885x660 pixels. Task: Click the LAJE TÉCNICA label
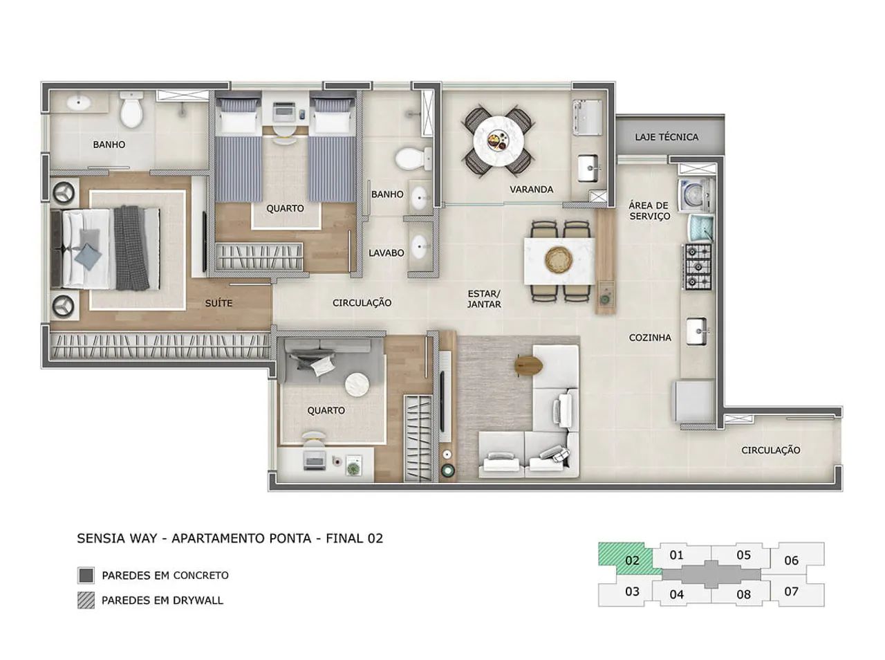pos(667,137)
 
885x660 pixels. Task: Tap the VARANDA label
pos(531,189)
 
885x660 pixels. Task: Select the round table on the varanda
pos(499,140)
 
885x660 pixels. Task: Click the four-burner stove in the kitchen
pos(698,266)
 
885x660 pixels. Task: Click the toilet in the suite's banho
pos(130,111)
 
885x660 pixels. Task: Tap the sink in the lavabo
pos(419,246)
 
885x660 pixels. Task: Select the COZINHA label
pos(649,338)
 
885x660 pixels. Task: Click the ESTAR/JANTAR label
pos(483,298)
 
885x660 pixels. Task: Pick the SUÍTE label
pos(218,303)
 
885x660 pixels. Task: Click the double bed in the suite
pos(111,248)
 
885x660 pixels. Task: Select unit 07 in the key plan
pos(791,592)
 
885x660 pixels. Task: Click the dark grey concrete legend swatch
pos(86,575)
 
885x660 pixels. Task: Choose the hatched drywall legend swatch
pos(86,600)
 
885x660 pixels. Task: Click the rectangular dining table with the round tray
pos(559,260)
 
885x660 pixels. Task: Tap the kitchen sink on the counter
pos(697,331)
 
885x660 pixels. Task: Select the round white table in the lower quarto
pos(357,384)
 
